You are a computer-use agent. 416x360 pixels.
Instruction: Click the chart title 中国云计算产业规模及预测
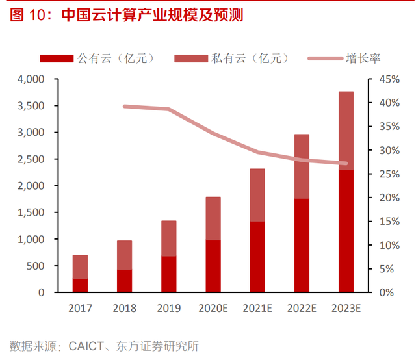pyautogui.click(x=153, y=15)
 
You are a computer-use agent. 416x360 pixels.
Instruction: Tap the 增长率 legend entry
pyautogui.click(x=364, y=58)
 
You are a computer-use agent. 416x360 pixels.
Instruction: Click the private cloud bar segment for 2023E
pyautogui.click(x=346, y=131)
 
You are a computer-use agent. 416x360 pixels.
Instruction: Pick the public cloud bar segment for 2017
pyautogui.click(x=80, y=285)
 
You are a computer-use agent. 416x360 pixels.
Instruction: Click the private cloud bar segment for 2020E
pyautogui.click(x=213, y=218)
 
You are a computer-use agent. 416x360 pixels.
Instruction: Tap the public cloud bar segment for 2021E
pyautogui.click(x=257, y=257)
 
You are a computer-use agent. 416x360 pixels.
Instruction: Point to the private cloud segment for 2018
pyautogui.click(x=124, y=255)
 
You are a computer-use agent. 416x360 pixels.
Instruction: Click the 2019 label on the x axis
pyautogui.click(x=168, y=309)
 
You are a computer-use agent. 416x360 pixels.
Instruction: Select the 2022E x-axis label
pyautogui.click(x=302, y=309)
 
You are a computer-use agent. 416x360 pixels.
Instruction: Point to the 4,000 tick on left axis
pyautogui.click(x=31, y=79)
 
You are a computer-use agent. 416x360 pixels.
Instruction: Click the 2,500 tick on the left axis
pyautogui.click(x=31, y=159)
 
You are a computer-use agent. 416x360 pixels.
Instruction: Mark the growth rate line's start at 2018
pyautogui.click(x=124, y=106)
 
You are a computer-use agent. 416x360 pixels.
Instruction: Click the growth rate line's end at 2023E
pyautogui.click(x=346, y=164)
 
